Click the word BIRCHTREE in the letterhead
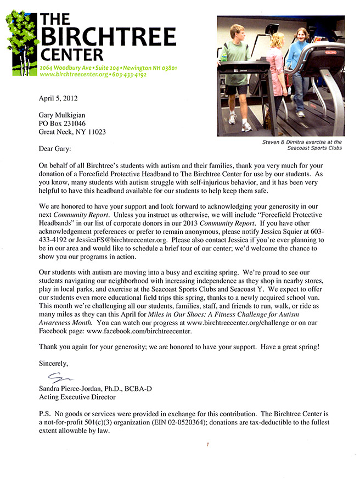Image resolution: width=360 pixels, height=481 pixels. tap(108, 37)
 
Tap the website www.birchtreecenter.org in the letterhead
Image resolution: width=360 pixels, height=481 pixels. tap(73, 74)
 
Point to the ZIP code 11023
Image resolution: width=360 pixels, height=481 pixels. tap(95, 132)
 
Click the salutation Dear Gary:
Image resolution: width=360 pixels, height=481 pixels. tap(55, 149)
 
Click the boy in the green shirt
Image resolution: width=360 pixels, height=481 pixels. tap(237, 66)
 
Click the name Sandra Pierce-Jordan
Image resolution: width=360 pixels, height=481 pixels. tap(73, 388)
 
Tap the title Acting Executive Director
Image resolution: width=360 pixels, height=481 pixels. tap(77, 396)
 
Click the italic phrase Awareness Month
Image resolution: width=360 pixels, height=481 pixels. tap(65, 322)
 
